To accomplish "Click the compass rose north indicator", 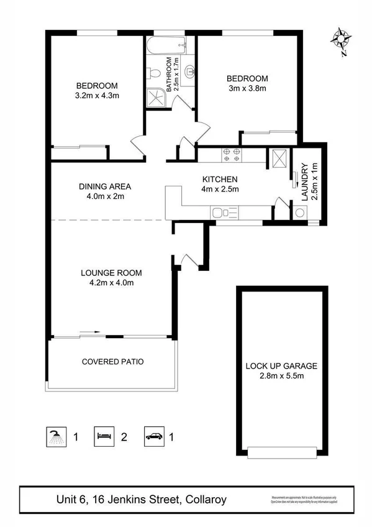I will pyautogui.click(x=341, y=39).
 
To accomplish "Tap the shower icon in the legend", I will pyautogui.click(x=57, y=436).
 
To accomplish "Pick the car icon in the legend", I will pyautogui.click(x=153, y=436).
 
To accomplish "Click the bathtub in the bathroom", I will pyautogui.click(x=166, y=45).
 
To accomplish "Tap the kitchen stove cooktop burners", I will pyautogui.click(x=232, y=155).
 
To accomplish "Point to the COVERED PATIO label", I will pyautogui.click(x=113, y=361).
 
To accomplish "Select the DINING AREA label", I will pyautogui.click(x=105, y=186).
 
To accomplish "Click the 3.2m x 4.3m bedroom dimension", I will pyautogui.click(x=97, y=96).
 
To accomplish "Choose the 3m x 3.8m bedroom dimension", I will pyautogui.click(x=247, y=88).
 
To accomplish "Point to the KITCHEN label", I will pyautogui.click(x=217, y=180).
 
